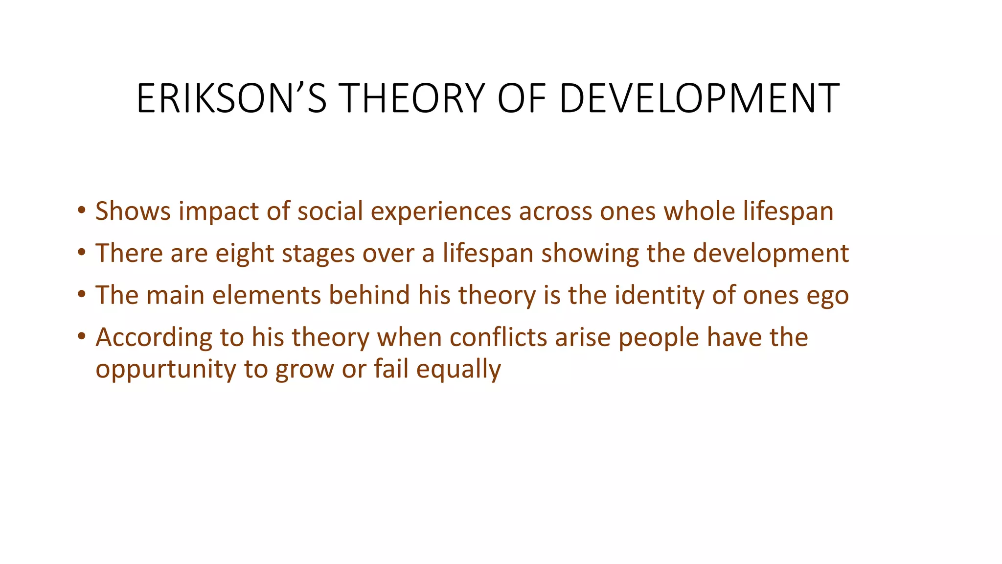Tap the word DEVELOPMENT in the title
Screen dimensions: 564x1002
pyautogui.click(x=699, y=99)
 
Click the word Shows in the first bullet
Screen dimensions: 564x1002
pyautogui.click(x=133, y=211)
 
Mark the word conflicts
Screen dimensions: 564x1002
pyautogui.click(x=498, y=338)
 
